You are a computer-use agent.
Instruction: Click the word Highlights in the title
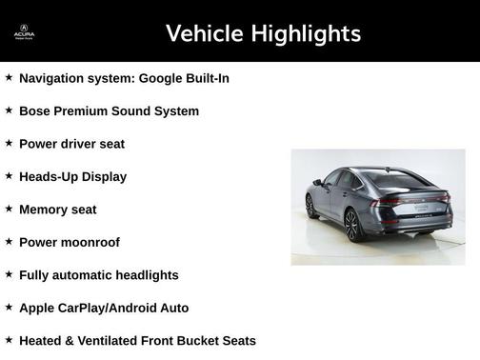point(304,33)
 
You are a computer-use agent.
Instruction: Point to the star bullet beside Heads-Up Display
point(9,176)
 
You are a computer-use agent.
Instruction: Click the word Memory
point(45,210)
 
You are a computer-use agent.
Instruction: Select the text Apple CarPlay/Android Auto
point(104,308)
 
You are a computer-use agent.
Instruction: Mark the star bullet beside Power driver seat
point(9,144)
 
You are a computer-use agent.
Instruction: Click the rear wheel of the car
point(351,226)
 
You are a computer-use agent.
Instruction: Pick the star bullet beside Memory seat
point(9,210)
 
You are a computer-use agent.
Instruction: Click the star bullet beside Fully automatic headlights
point(9,275)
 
